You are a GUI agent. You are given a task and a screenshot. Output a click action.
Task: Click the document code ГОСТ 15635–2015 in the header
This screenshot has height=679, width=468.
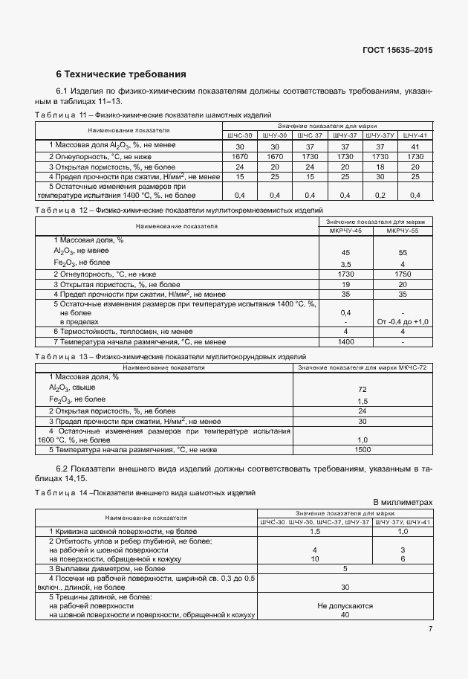397,50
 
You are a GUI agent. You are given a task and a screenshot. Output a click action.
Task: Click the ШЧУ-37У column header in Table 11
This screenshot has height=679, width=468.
380,135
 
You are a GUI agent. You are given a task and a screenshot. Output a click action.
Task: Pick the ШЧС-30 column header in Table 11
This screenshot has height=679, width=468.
239,135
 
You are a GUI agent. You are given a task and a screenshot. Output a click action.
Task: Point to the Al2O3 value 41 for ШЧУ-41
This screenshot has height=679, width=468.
415,147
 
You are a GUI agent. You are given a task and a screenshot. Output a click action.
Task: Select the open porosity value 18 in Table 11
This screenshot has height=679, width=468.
380,167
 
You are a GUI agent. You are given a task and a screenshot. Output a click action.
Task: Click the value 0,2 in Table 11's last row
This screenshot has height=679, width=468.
380,195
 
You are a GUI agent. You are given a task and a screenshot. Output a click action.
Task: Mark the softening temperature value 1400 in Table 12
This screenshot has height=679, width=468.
345,341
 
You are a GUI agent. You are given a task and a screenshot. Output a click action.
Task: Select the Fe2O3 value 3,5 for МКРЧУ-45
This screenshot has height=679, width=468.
345,264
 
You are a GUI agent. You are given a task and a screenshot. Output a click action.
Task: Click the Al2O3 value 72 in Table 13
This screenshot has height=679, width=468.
363,389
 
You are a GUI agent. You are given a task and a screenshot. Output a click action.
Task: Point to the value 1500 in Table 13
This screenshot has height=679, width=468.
363,449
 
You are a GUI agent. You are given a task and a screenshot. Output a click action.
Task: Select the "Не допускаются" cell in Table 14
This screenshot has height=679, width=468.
345,606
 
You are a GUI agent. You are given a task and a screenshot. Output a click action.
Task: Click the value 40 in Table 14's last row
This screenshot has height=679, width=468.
345,615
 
